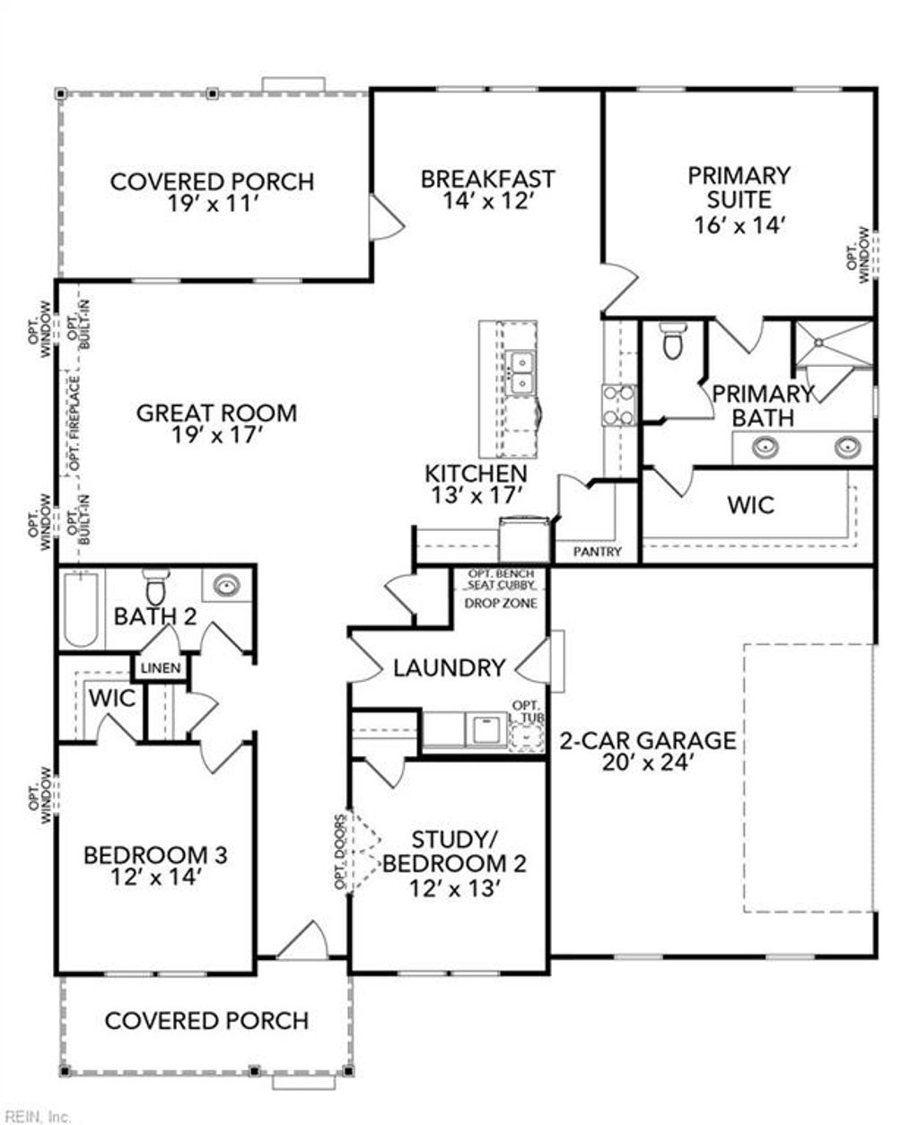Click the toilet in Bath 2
[156, 588]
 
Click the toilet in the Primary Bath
[671, 340]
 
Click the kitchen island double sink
[520, 373]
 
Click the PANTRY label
[597, 552]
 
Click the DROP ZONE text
[501, 603]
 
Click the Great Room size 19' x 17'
[215, 436]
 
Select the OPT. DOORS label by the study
[340, 851]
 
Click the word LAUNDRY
[449, 668]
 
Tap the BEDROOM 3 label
[155, 855]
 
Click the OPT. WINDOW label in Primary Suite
[858, 255]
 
